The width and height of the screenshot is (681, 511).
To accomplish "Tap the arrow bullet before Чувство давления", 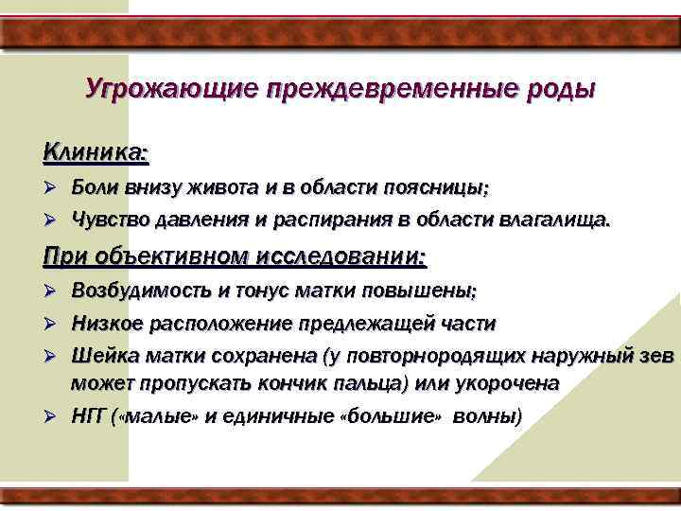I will (x=53, y=220).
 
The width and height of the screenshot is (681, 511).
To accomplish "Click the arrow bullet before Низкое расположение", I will (x=53, y=324).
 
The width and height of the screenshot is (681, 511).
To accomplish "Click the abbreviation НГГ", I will (x=89, y=416).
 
